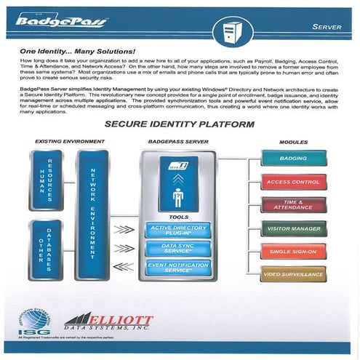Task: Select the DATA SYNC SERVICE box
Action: (177, 249)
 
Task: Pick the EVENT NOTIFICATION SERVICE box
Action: (177, 267)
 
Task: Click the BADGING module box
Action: (292, 158)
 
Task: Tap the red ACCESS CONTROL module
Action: (292, 181)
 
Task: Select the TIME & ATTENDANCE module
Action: (292, 204)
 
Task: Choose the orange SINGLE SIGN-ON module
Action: (292, 251)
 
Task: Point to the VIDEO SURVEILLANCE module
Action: (292, 274)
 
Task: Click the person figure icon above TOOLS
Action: (177, 197)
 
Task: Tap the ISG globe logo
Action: (31, 321)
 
